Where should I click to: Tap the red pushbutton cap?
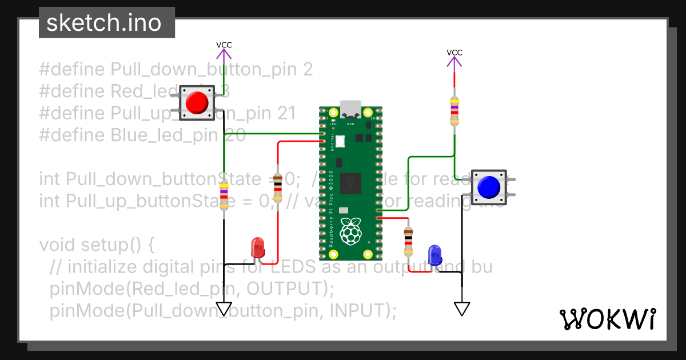pos(197,103)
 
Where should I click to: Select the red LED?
pos(258,249)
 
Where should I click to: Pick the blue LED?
pos(435,255)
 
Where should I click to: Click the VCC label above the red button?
pos(224,45)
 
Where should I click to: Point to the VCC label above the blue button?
pos(454,53)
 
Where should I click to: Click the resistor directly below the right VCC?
pos(454,110)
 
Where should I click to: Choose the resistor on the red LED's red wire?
pos(278,189)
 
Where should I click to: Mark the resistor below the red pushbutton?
pos(224,195)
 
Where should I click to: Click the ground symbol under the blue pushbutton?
pos(462,309)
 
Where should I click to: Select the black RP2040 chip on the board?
pos(350,183)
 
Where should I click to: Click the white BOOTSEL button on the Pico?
pos(341,141)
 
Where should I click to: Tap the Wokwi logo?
pos(607,319)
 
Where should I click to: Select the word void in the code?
pos(58,245)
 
